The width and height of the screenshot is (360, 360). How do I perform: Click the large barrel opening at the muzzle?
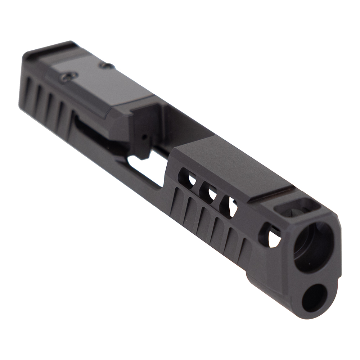tap(313, 246)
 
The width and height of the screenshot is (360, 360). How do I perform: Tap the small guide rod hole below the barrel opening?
tap(312, 298)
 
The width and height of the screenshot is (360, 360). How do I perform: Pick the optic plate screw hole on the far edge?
tap(107, 66)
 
